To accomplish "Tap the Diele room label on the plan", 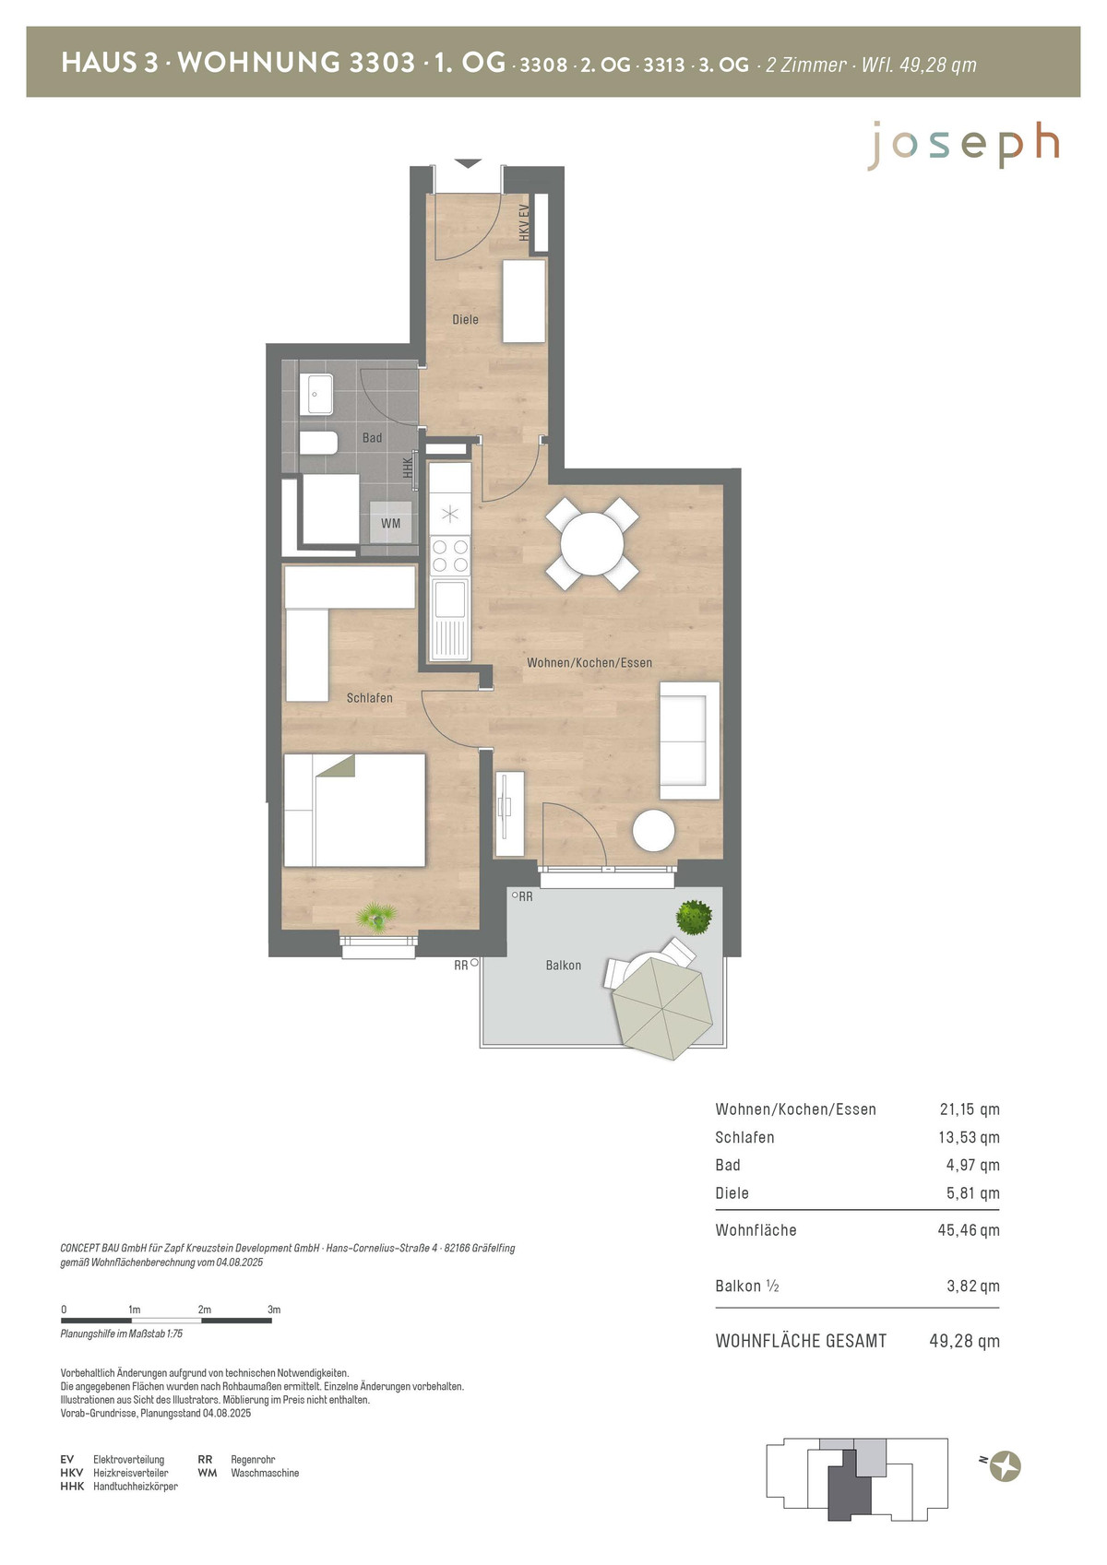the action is pos(465,319).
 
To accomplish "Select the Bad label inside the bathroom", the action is pos(372,438).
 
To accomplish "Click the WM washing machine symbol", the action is pos(390,523).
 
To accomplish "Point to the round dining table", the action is pos(592,543).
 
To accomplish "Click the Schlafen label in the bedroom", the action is pos(370,698).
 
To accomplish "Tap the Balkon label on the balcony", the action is pos(564,966).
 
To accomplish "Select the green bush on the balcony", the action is pos(694,918).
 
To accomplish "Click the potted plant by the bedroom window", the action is pos(376,917).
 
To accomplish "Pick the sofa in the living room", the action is pos(689,741).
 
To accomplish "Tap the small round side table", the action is pos(653,830).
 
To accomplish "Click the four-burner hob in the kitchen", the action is pos(450,555).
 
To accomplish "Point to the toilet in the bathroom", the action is pos(318,443).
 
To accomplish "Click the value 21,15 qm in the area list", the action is pos(970,1109).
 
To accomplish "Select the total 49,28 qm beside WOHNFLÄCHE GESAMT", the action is pos(964,1341).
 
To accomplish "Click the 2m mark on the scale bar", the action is pos(204,1310).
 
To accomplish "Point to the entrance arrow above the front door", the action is pos(469,163).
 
